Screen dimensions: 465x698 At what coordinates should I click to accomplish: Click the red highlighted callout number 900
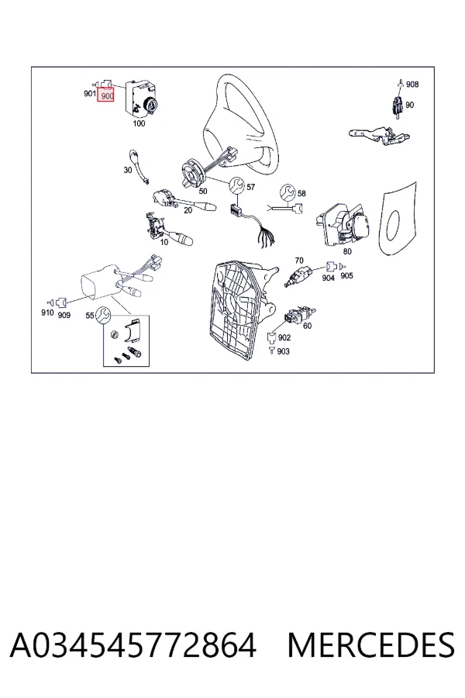coord(107,95)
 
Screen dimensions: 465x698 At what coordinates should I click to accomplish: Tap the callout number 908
coord(412,84)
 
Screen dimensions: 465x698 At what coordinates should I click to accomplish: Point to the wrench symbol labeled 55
coord(104,315)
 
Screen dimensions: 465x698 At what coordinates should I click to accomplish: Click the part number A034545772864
coord(133,644)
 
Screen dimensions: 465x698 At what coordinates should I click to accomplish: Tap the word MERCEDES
coord(370,644)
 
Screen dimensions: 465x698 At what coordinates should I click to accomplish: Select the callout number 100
coord(139,123)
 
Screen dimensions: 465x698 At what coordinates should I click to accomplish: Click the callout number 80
coord(347,251)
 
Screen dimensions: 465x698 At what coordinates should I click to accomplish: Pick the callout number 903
coord(283,351)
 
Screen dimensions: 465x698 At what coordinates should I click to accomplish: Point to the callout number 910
coord(47,313)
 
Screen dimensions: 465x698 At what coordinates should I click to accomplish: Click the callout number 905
coord(346,275)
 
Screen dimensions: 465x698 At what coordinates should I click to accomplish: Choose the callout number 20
coord(188,210)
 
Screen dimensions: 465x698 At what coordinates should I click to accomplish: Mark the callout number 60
coord(307,326)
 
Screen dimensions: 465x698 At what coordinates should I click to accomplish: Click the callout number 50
coord(203,192)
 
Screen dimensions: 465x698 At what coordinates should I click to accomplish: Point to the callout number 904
coord(328,278)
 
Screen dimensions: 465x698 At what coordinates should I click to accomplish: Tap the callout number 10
coord(164,242)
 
